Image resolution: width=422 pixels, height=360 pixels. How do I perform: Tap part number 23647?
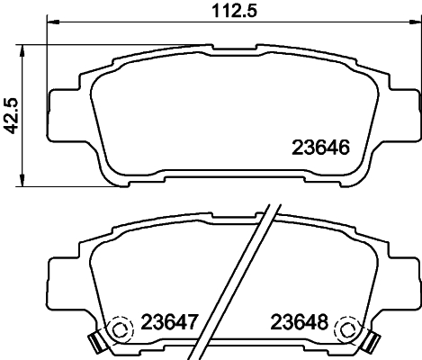tap(171, 321)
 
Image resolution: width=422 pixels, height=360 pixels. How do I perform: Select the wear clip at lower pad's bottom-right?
tap(371, 343)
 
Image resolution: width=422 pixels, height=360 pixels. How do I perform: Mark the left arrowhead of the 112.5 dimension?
tap(49, 23)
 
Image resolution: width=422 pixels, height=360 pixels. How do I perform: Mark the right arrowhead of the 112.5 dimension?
tap(417, 23)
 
